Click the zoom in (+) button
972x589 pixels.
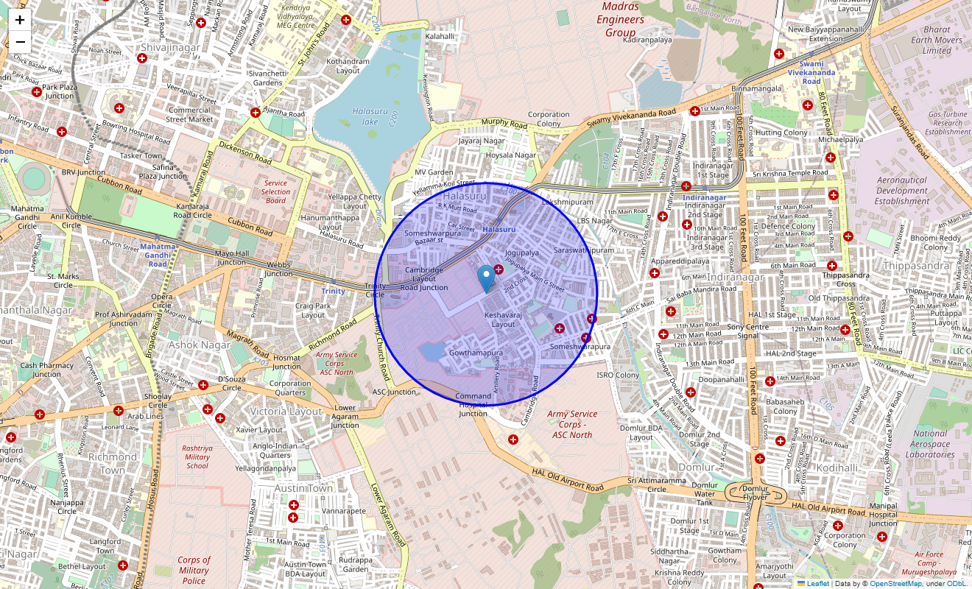tap(20, 21)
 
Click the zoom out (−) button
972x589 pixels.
tap(20, 42)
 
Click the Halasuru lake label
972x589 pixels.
tap(364, 116)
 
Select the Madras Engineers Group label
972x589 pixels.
tap(620, 20)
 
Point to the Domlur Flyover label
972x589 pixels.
tap(756, 493)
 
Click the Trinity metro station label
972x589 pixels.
tap(333, 291)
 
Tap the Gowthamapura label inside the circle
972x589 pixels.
tap(476, 353)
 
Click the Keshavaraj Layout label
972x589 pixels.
tap(504, 320)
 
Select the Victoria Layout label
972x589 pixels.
tap(286, 411)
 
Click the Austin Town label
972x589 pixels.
tap(303, 488)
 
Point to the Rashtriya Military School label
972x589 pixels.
tap(197, 456)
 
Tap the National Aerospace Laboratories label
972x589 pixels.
tap(930, 444)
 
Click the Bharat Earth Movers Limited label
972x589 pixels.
tap(937, 40)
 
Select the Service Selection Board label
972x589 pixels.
tap(275, 191)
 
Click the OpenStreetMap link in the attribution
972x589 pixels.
tap(895, 584)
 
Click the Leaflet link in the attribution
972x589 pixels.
tap(817, 584)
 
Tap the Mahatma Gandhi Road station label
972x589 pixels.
tap(158, 255)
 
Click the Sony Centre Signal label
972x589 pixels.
tap(748, 331)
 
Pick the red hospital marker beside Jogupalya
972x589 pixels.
tap(499, 270)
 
